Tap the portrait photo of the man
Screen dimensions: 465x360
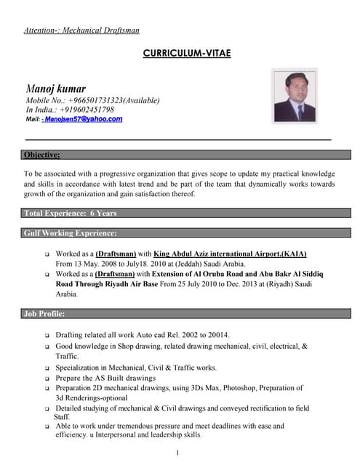[294, 95]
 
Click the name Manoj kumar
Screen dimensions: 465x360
[55, 88]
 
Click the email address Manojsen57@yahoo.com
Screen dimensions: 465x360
[83, 118]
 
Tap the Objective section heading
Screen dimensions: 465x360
[42, 155]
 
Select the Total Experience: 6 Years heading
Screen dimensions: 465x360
[70, 214]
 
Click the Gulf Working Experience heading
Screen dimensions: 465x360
[70, 233]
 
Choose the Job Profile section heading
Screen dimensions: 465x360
[44, 314]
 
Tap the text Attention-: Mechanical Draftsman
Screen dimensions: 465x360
[81, 31]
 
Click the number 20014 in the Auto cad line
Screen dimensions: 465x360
[216, 335]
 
